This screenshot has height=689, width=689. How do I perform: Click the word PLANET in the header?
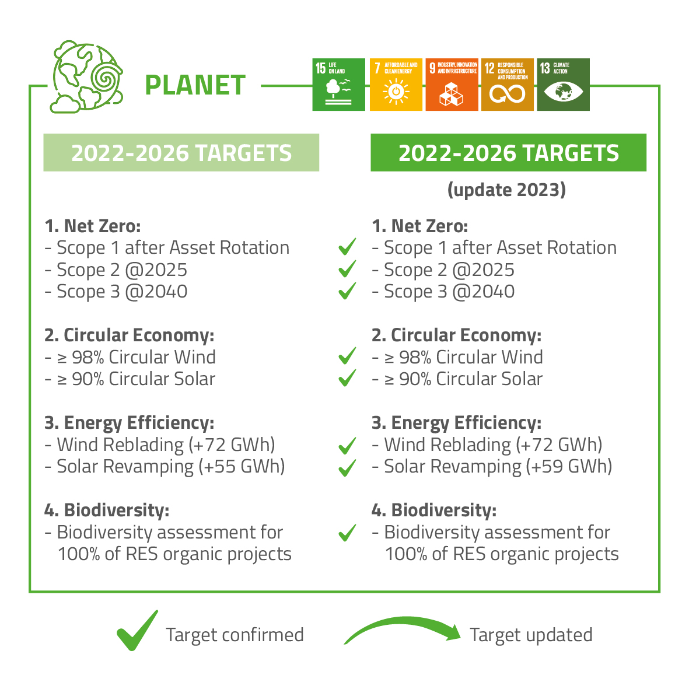pyautogui.click(x=195, y=85)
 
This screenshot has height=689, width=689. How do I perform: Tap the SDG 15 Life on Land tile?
pyautogui.click(x=338, y=85)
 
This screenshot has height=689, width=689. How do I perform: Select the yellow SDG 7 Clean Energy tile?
pyautogui.click(x=396, y=85)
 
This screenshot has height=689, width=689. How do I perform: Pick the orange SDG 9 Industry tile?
pyautogui.click(x=452, y=85)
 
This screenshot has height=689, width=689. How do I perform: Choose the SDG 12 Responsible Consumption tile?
pyautogui.click(x=507, y=85)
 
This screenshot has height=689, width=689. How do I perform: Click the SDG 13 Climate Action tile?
pyautogui.click(x=563, y=85)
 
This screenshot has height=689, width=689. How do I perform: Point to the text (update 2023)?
pyautogui.click(x=506, y=190)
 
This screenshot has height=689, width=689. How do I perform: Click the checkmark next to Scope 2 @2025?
pyautogui.click(x=347, y=269)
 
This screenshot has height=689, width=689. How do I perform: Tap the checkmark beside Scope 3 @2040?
pyautogui.click(x=347, y=291)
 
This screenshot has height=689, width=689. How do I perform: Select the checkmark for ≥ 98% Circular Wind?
pyautogui.click(x=347, y=356)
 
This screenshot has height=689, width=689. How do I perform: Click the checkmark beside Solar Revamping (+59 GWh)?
pyautogui.click(x=347, y=467)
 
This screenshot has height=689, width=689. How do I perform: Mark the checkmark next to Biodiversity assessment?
pyautogui.click(x=347, y=532)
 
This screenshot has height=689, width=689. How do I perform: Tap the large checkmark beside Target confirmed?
pyautogui.click(x=138, y=631)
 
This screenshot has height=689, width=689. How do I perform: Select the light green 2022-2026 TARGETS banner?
pyautogui.click(x=181, y=153)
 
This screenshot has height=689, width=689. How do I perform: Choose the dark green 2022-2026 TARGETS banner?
pyautogui.click(x=508, y=153)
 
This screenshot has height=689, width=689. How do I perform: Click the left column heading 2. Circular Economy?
pyautogui.click(x=130, y=335)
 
